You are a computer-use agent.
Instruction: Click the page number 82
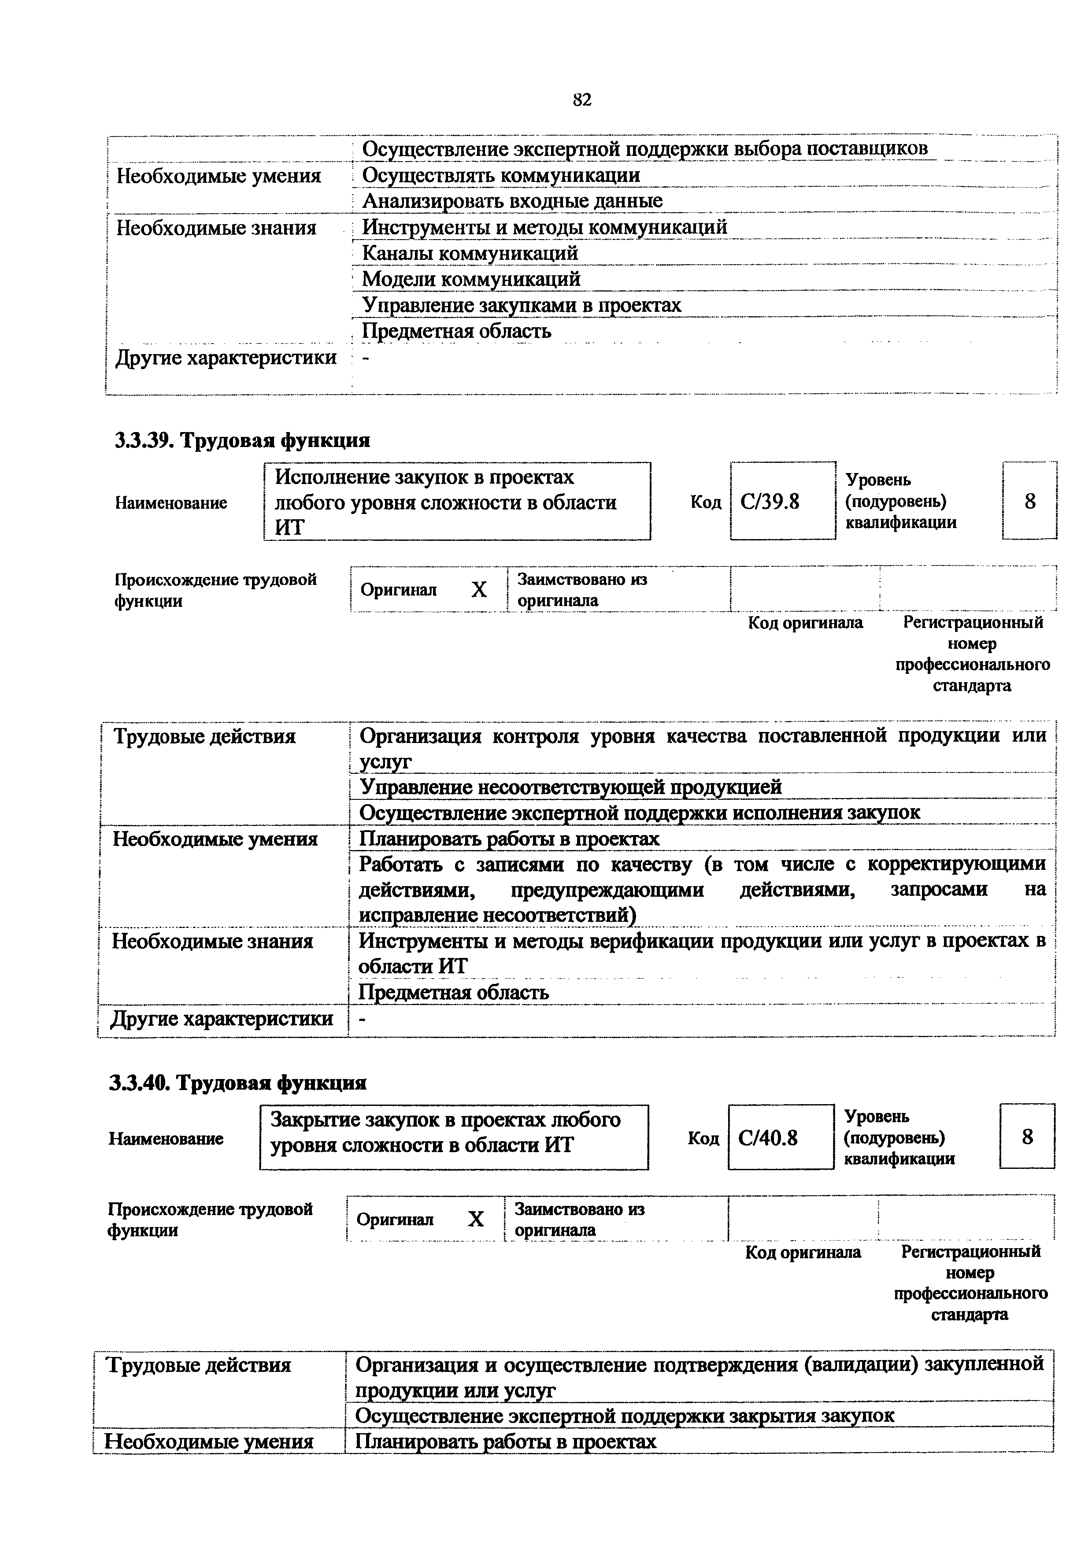(x=582, y=100)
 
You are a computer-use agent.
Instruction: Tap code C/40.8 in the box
(x=768, y=1138)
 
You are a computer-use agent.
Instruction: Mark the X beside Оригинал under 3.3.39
(x=478, y=590)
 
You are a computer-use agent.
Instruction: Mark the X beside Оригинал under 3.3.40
(x=476, y=1220)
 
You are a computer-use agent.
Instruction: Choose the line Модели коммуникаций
(x=471, y=279)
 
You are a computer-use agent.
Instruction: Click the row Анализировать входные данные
(x=512, y=200)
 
